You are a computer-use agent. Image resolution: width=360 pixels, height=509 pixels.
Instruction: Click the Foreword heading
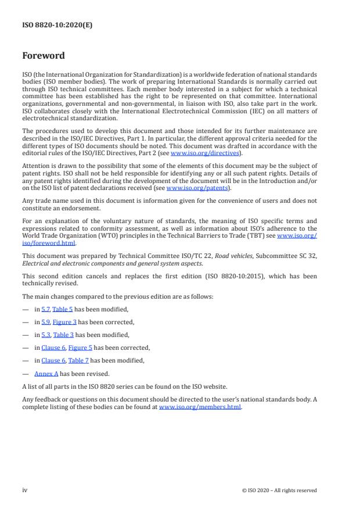[x=44, y=56]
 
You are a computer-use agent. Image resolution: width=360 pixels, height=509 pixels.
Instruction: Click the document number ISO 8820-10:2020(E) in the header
[x=57, y=25]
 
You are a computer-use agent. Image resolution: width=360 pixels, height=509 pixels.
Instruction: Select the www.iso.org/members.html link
[x=199, y=407]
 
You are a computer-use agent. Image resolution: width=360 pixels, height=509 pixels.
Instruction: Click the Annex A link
[x=46, y=374]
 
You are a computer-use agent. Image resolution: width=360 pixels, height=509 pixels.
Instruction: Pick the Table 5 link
[x=63, y=309]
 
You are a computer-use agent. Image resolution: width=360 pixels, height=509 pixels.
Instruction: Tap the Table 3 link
[x=63, y=335]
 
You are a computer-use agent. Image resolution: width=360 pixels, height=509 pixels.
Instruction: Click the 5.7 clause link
[x=45, y=309]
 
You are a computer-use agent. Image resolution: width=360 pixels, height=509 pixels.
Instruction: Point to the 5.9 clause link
[x=45, y=322]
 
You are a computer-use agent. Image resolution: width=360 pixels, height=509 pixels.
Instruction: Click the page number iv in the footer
[x=25, y=490]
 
